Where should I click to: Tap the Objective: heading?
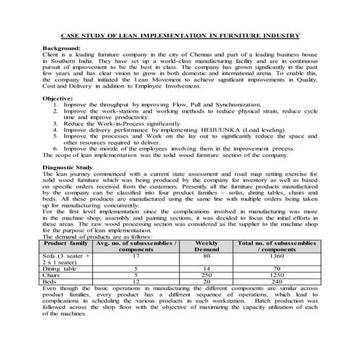[58, 97]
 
